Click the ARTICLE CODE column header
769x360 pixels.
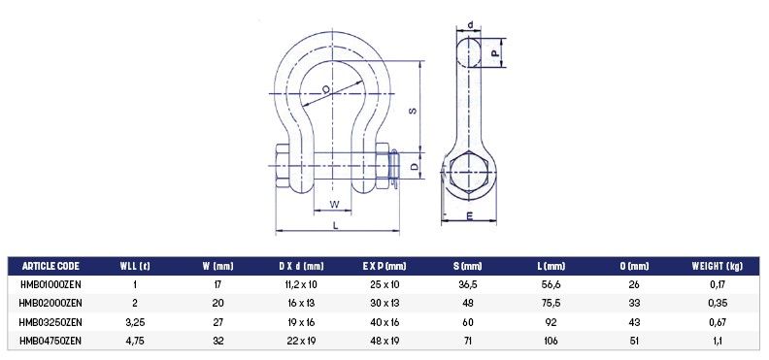click(50, 267)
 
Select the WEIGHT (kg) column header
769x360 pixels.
click(717, 267)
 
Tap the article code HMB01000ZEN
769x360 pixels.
click(50, 284)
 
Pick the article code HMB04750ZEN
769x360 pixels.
click(50, 341)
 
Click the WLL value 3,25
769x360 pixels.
click(135, 322)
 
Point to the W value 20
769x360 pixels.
click(217, 303)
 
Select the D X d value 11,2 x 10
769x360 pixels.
click(302, 284)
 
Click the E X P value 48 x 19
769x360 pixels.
click(384, 341)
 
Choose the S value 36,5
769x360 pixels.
click(468, 284)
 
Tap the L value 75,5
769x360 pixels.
click(551, 303)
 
